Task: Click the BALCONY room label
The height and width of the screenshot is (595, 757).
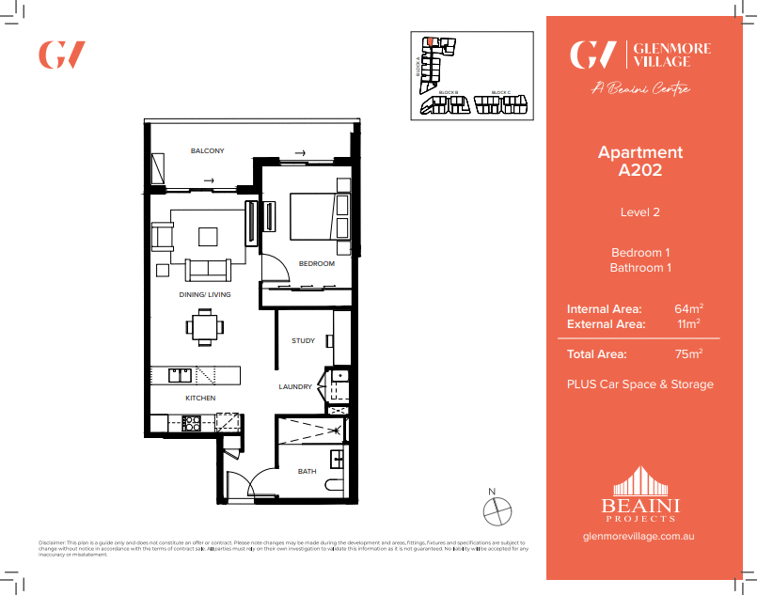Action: coord(207,151)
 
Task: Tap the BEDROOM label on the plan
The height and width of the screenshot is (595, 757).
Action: coord(317,264)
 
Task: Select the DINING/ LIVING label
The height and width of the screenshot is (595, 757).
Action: coord(205,295)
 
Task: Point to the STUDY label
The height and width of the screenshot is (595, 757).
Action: coord(303,341)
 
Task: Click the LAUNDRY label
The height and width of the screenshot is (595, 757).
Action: coord(295,387)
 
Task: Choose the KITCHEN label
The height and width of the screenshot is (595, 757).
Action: coord(200,399)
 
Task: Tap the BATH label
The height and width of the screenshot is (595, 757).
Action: coord(307,471)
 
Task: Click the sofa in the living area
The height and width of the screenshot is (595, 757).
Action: coord(208,270)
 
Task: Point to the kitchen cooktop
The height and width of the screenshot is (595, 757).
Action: coord(190,424)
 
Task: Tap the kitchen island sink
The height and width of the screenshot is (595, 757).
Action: coord(180,375)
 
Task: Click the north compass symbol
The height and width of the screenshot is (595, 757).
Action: coord(497,510)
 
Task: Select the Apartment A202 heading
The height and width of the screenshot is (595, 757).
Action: coord(640,162)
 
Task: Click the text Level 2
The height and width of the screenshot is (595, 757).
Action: coord(640,212)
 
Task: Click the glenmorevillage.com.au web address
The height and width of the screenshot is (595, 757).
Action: coord(640,537)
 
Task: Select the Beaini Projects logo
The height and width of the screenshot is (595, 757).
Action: coord(640,494)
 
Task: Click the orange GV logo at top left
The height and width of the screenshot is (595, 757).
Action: coord(62,55)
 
